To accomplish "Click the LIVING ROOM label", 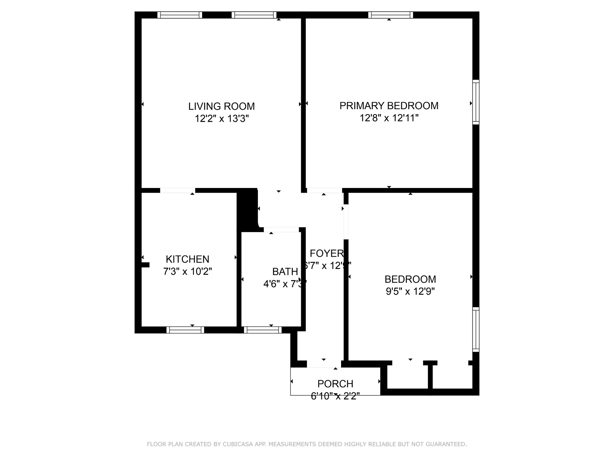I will click(x=221, y=106).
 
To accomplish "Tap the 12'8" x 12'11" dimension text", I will click(x=389, y=118).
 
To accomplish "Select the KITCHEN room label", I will click(x=187, y=259).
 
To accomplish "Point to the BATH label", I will click(x=285, y=272).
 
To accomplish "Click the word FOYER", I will click(x=327, y=253).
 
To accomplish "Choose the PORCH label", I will click(x=335, y=384).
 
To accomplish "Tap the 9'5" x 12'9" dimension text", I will click(x=410, y=291).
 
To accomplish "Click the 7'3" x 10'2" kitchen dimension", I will click(x=187, y=271).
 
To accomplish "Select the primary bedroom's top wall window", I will click(x=391, y=15).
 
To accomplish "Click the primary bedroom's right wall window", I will click(x=476, y=102).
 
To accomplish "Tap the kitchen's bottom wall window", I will click(x=185, y=330).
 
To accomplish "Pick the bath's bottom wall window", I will click(x=263, y=330).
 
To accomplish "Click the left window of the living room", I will click(x=180, y=15).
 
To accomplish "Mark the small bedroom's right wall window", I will click(x=476, y=329).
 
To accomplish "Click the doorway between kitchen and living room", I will click(x=177, y=190).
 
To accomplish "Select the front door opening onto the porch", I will click(x=324, y=364).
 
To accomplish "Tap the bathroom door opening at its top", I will click(x=281, y=229).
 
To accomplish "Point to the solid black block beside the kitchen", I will click(x=247, y=210).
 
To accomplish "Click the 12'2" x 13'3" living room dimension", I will click(x=221, y=118).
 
